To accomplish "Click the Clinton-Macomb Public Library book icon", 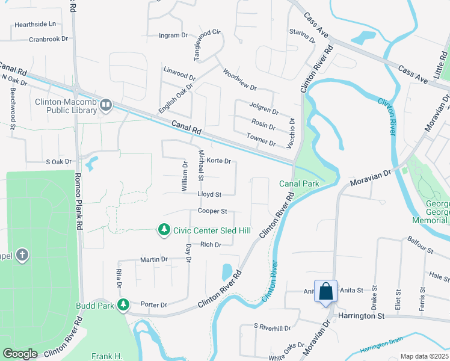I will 106,105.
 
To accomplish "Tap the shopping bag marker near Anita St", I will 325,292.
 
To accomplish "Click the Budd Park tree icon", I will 123,305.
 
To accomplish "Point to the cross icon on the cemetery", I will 22,255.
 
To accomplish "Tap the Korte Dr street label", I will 219,161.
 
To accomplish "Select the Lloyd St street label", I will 210,195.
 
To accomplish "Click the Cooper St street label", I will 213,211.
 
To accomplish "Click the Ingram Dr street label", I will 173,35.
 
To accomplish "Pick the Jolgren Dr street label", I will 264,111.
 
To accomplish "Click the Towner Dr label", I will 261,143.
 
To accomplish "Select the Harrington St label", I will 360,315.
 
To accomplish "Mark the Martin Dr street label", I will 153,259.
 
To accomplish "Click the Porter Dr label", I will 153,305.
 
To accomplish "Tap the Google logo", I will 20,354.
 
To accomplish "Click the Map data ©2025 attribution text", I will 424,356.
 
